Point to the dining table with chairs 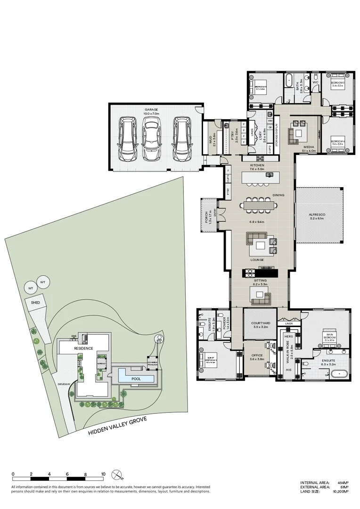(x=258, y=205)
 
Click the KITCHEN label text (x=257, y=166)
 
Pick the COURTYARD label (x=260, y=323)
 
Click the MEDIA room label (x=309, y=147)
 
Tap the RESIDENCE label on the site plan (x=83, y=348)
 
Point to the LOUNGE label (x=257, y=260)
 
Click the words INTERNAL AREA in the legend (x=312, y=483)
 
